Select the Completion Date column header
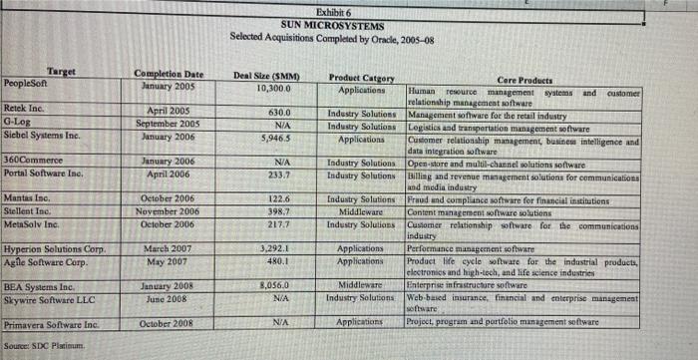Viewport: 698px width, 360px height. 170,74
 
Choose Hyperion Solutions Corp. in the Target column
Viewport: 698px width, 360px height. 54,247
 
